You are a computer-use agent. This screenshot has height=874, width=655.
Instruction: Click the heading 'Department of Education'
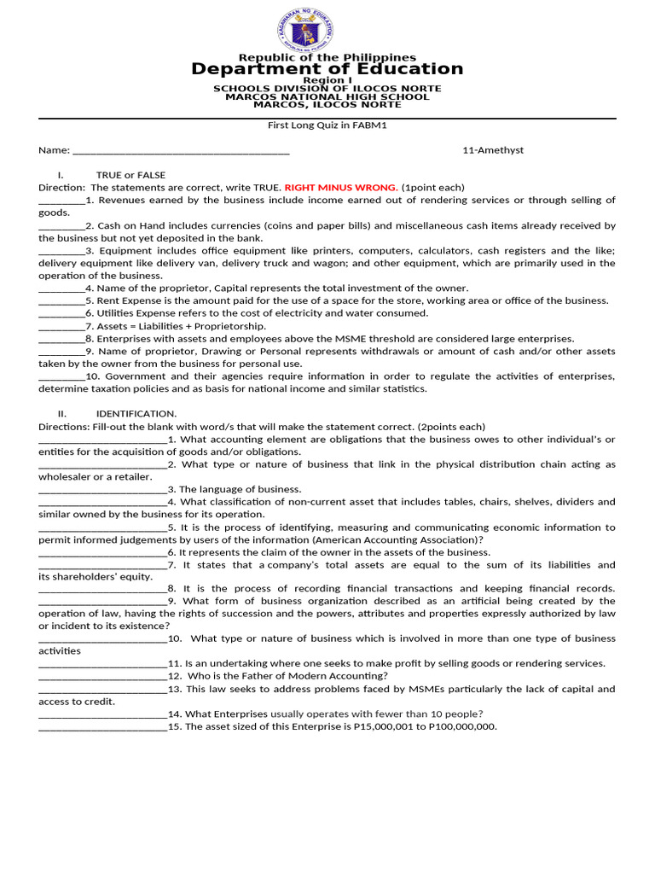[327, 69]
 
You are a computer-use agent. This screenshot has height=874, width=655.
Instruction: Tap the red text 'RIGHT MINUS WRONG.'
[341, 188]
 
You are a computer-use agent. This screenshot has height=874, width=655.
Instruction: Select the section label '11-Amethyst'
[493, 150]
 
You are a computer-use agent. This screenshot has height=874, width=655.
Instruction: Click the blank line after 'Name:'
[181, 151]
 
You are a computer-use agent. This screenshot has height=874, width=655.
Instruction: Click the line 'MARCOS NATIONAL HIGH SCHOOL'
[327, 96]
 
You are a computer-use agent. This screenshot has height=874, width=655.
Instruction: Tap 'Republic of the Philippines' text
[327, 57]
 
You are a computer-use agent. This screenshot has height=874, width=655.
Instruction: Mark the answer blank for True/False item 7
[61, 326]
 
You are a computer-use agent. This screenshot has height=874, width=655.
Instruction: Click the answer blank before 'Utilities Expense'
[61, 313]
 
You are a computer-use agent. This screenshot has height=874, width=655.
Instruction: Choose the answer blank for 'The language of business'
[102, 490]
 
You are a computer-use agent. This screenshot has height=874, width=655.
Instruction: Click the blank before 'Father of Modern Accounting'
[102, 676]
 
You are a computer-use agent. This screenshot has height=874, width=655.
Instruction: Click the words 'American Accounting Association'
[396, 540]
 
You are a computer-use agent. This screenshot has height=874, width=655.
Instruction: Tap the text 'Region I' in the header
[327, 80]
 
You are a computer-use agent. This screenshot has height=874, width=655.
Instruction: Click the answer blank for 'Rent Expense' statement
[61, 300]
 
